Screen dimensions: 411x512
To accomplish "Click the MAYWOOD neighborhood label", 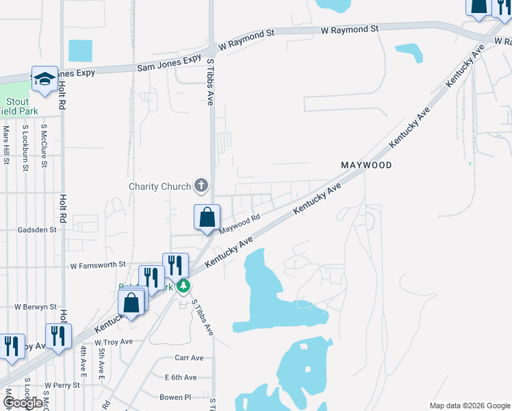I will (367, 166).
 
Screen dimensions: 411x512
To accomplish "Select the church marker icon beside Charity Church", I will (201, 185).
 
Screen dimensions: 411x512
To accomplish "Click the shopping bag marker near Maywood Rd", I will (207, 218).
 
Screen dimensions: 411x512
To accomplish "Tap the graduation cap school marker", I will (44, 79).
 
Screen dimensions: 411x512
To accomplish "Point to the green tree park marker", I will (183, 285).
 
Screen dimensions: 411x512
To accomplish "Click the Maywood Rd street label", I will (241, 222).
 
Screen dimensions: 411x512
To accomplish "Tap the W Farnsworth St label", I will (98, 264).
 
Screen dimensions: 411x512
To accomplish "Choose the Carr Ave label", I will (189, 358).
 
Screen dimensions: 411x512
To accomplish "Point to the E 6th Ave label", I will (180, 377).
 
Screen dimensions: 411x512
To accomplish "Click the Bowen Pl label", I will (176, 397).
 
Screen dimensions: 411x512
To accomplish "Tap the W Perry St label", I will (62, 386).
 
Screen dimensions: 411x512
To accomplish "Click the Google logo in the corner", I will (23, 403).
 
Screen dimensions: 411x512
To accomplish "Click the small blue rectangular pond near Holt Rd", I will (80, 50).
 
